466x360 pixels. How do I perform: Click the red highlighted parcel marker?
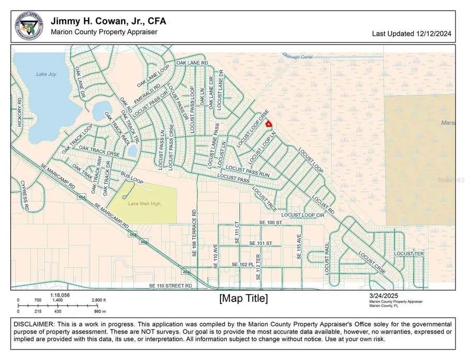[x=268, y=124]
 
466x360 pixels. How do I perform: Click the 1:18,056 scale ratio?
[x=60, y=295]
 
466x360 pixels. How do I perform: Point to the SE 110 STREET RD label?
[x=170, y=285]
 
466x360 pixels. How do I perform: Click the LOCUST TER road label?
[x=409, y=254]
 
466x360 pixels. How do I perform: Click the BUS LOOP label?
[x=132, y=178]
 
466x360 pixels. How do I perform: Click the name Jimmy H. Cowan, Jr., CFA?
[x=108, y=21]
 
